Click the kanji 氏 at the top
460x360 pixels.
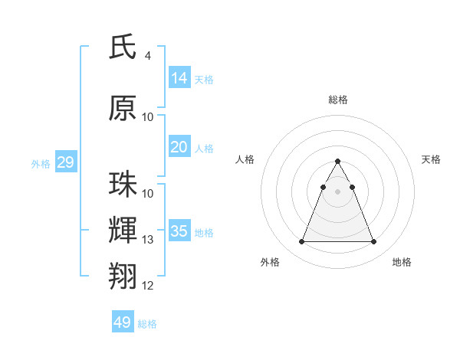pos(123,48)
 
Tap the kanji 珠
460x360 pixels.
pos(123,185)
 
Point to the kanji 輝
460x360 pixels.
pos(123,229)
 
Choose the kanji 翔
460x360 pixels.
pos(123,275)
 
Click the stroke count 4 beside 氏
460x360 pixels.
pos(148,56)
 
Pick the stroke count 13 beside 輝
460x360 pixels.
pos(148,240)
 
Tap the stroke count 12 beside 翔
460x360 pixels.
pos(148,286)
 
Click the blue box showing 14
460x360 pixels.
pos(179,78)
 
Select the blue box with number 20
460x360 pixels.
pos(179,147)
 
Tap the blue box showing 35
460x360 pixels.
pos(179,231)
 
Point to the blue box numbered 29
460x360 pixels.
pos(65,162)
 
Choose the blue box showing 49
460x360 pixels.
pos(123,322)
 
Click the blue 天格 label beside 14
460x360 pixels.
pos(204,80)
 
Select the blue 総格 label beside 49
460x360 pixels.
pos(147,324)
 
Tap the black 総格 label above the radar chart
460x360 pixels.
pos(337,100)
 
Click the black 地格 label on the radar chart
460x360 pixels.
pos(402,262)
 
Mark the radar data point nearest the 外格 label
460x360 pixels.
pos(301,242)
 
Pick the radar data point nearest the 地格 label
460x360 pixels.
pos(373,242)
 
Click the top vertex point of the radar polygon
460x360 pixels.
pos(337,161)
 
